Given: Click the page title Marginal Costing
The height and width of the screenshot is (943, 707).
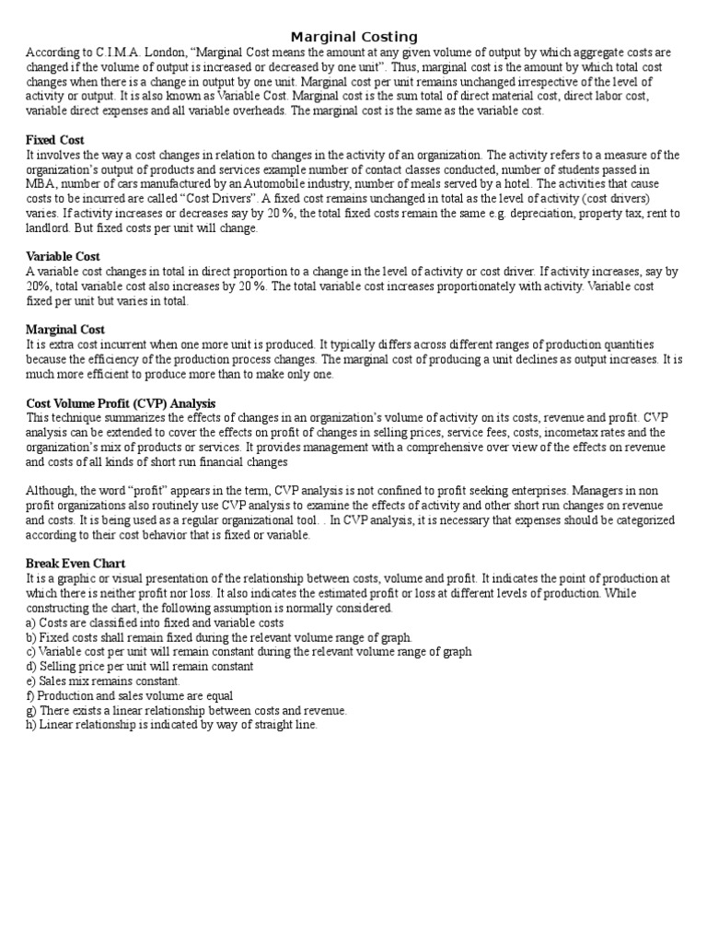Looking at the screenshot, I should [353, 37].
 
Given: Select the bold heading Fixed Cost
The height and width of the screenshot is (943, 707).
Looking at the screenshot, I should [55, 140].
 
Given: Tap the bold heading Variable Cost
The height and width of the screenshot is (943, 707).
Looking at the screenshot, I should [64, 257].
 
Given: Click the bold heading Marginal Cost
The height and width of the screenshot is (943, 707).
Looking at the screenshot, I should [65, 330].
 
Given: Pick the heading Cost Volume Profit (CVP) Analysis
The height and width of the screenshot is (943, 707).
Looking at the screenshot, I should [121, 403].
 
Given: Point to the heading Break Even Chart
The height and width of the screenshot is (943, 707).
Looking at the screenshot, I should [75, 564].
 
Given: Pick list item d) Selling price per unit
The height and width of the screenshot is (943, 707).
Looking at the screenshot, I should [140, 667].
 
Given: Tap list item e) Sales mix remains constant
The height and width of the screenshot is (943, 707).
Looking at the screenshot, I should [103, 681].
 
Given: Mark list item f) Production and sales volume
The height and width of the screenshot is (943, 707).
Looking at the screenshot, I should [129, 696].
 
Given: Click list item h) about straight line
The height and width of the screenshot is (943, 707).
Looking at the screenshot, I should [171, 726].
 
